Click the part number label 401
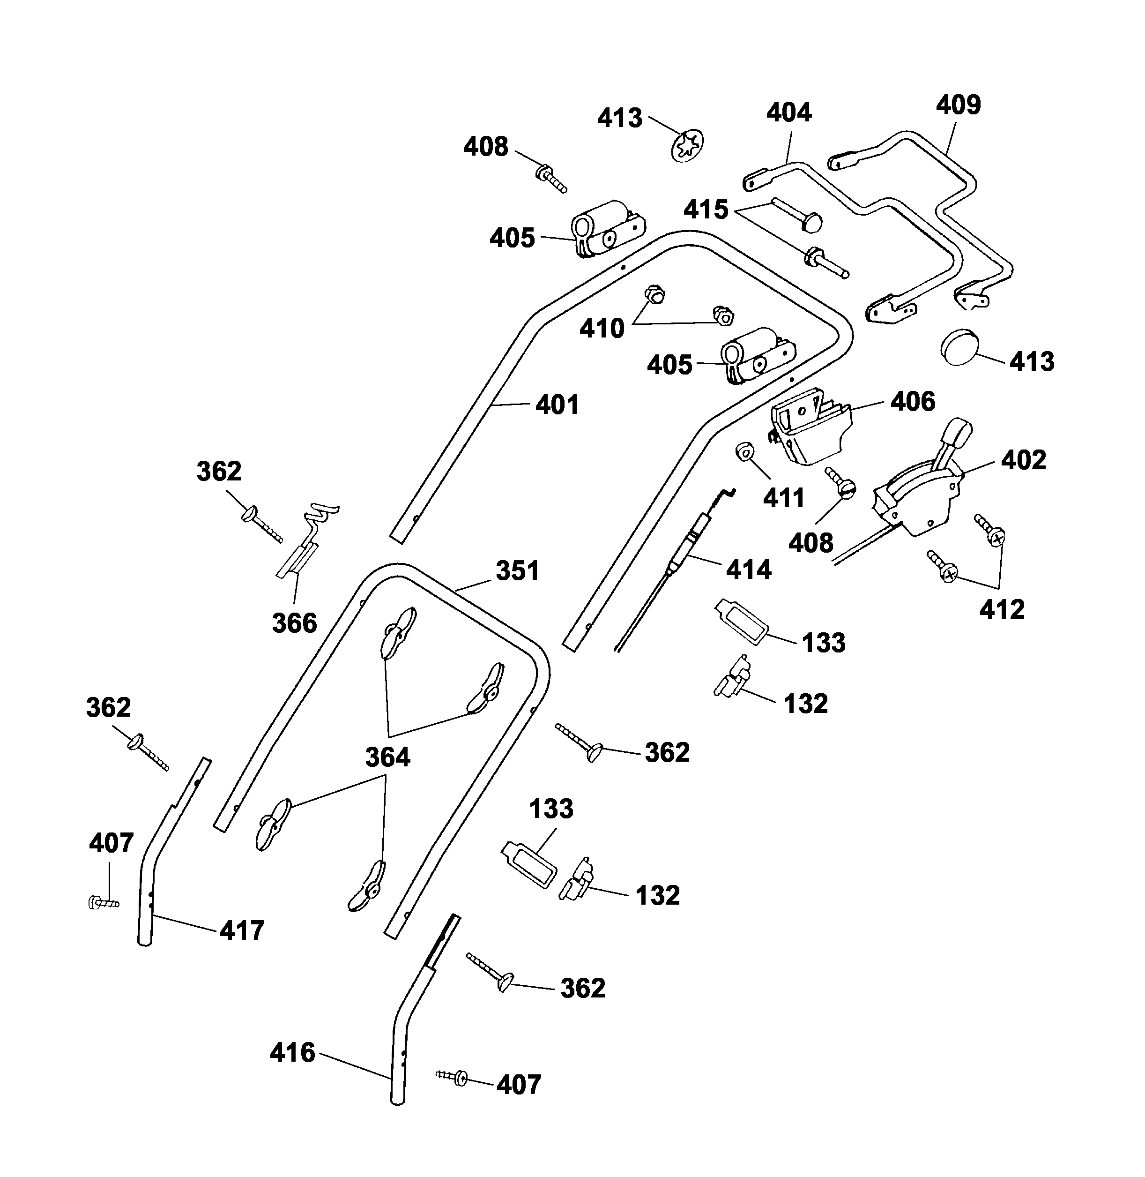click(557, 405)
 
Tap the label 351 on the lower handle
click(517, 570)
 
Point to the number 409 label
click(958, 105)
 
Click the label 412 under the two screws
click(1002, 609)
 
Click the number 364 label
click(388, 757)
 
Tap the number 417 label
click(242, 930)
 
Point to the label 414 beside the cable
click(748, 569)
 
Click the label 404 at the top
click(789, 112)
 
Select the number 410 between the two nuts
click(602, 329)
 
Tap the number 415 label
click(706, 210)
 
